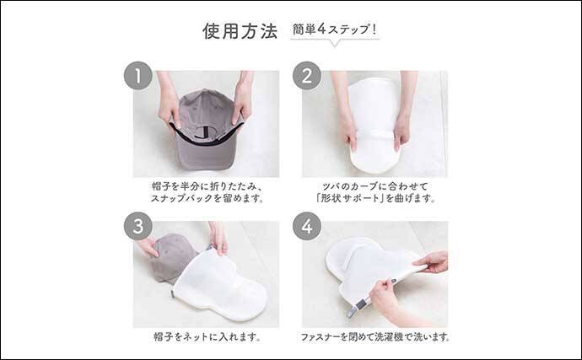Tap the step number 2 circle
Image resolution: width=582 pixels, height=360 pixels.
[307, 77]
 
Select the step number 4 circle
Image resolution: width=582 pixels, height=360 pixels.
[307, 227]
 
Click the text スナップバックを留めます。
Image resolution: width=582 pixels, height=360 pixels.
[206, 199]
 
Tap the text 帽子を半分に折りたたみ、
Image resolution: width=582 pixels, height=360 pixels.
[206, 185]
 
